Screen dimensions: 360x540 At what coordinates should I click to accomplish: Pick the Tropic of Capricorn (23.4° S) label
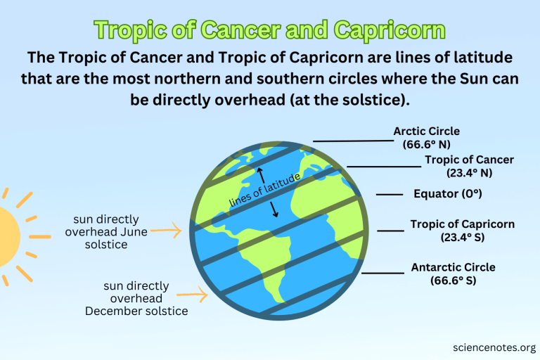click(x=462, y=231)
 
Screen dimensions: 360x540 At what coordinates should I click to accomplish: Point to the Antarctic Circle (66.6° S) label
click(x=453, y=274)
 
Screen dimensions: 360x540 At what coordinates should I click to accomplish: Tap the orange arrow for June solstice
click(x=167, y=229)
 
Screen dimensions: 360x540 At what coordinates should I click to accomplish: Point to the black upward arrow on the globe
click(x=259, y=175)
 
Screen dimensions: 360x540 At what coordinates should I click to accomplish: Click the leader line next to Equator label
click(x=389, y=194)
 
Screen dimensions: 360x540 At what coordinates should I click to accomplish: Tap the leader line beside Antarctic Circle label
click(x=382, y=272)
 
